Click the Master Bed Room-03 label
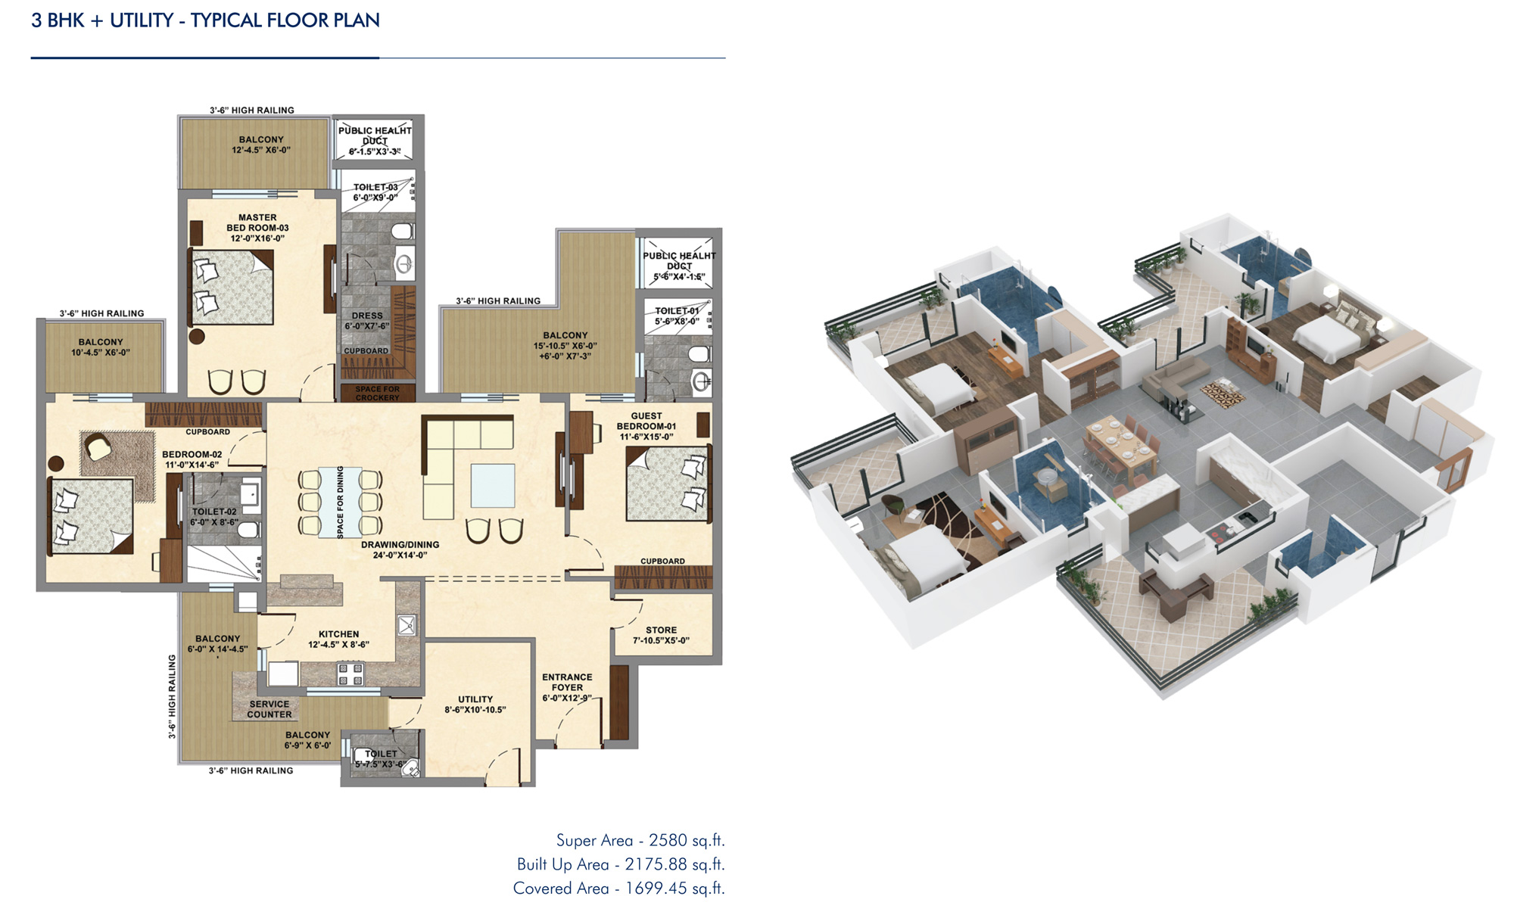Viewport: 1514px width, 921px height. point(257,228)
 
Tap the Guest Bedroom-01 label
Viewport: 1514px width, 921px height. point(646,426)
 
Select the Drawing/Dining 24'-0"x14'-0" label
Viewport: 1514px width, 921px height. point(400,549)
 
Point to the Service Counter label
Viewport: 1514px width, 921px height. point(269,709)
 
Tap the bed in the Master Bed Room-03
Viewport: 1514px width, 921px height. point(232,287)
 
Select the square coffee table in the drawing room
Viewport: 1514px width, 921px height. point(493,485)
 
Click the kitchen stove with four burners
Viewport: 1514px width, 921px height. point(350,674)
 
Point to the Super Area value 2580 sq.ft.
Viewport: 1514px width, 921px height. point(640,840)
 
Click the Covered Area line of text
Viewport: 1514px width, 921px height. point(618,888)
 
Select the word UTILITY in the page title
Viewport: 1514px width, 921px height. point(142,20)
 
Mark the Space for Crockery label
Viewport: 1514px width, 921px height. point(377,394)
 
